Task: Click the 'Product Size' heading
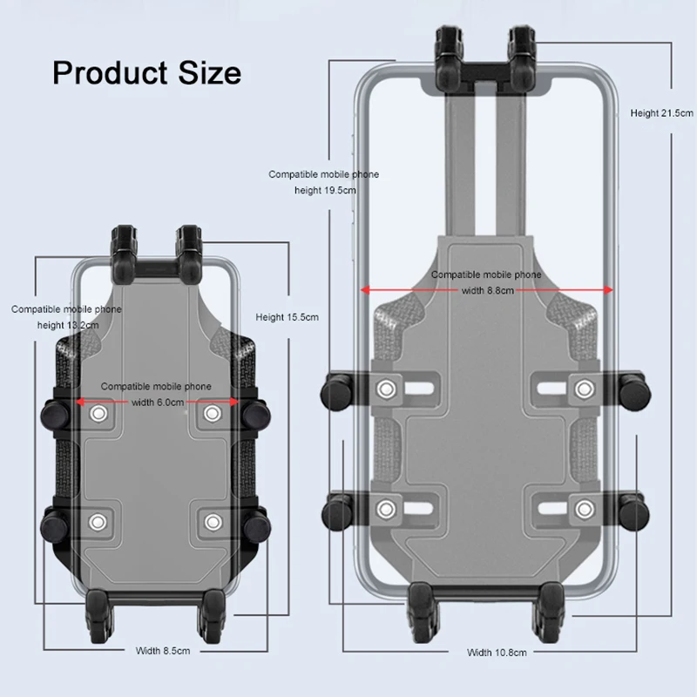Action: click(146, 73)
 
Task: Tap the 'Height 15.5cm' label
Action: click(288, 317)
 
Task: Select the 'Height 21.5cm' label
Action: click(661, 113)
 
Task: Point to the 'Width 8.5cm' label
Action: click(163, 651)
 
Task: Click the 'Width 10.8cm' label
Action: click(497, 653)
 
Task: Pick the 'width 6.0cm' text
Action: click(158, 403)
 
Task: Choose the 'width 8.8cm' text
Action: click(488, 291)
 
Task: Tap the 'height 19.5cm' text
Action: click(325, 191)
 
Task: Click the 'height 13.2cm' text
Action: click(68, 325)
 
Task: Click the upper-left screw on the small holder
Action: click(98, 414)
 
